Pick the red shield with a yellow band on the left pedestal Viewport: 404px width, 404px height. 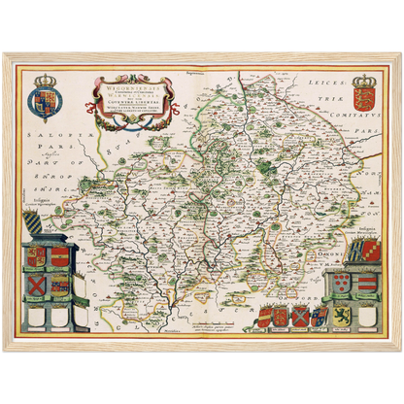pos(60,257)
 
